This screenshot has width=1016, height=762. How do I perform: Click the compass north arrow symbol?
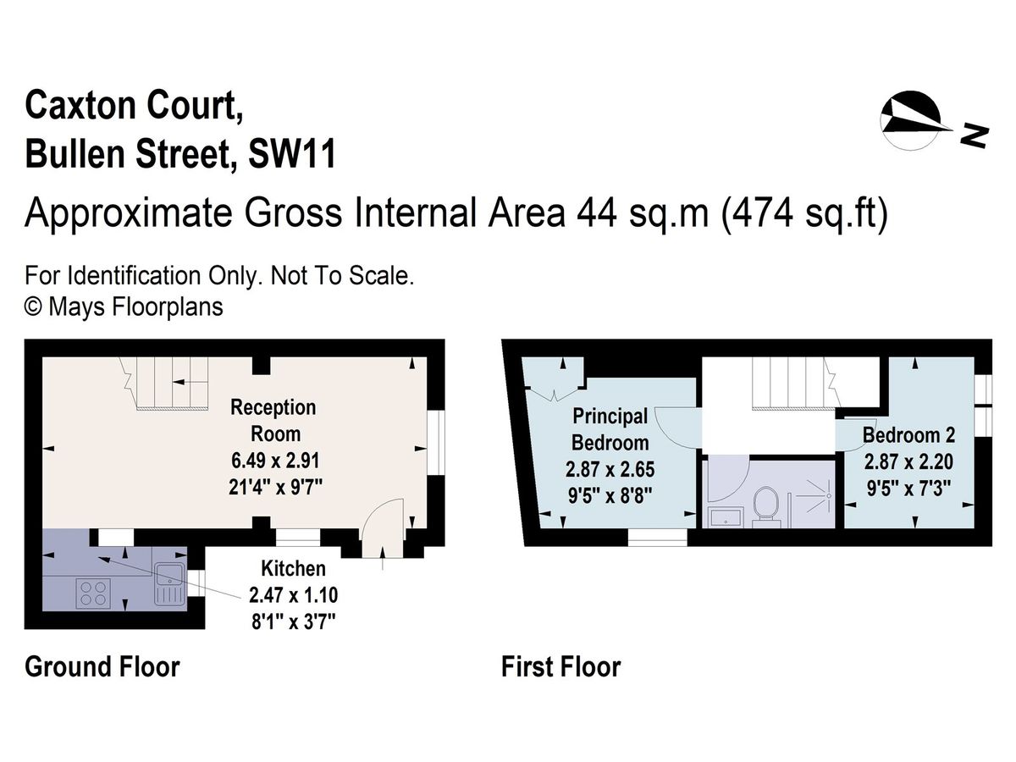click(x=911, y=122)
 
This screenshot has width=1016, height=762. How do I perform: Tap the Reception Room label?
click(x=273, y=420)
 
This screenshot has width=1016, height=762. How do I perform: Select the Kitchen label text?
click(x=293, y=567)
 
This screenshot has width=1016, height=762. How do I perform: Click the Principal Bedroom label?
click(x=610, y=429)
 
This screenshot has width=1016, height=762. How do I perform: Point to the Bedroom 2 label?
click(x=908, y=435)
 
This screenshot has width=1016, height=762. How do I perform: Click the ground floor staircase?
click(x=169, y=383)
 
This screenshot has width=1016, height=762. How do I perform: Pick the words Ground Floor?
click(x=102, y=666)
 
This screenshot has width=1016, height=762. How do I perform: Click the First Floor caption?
click(x=560, y=666)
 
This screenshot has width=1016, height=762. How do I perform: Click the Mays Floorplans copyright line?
click(x=124, y=306)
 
